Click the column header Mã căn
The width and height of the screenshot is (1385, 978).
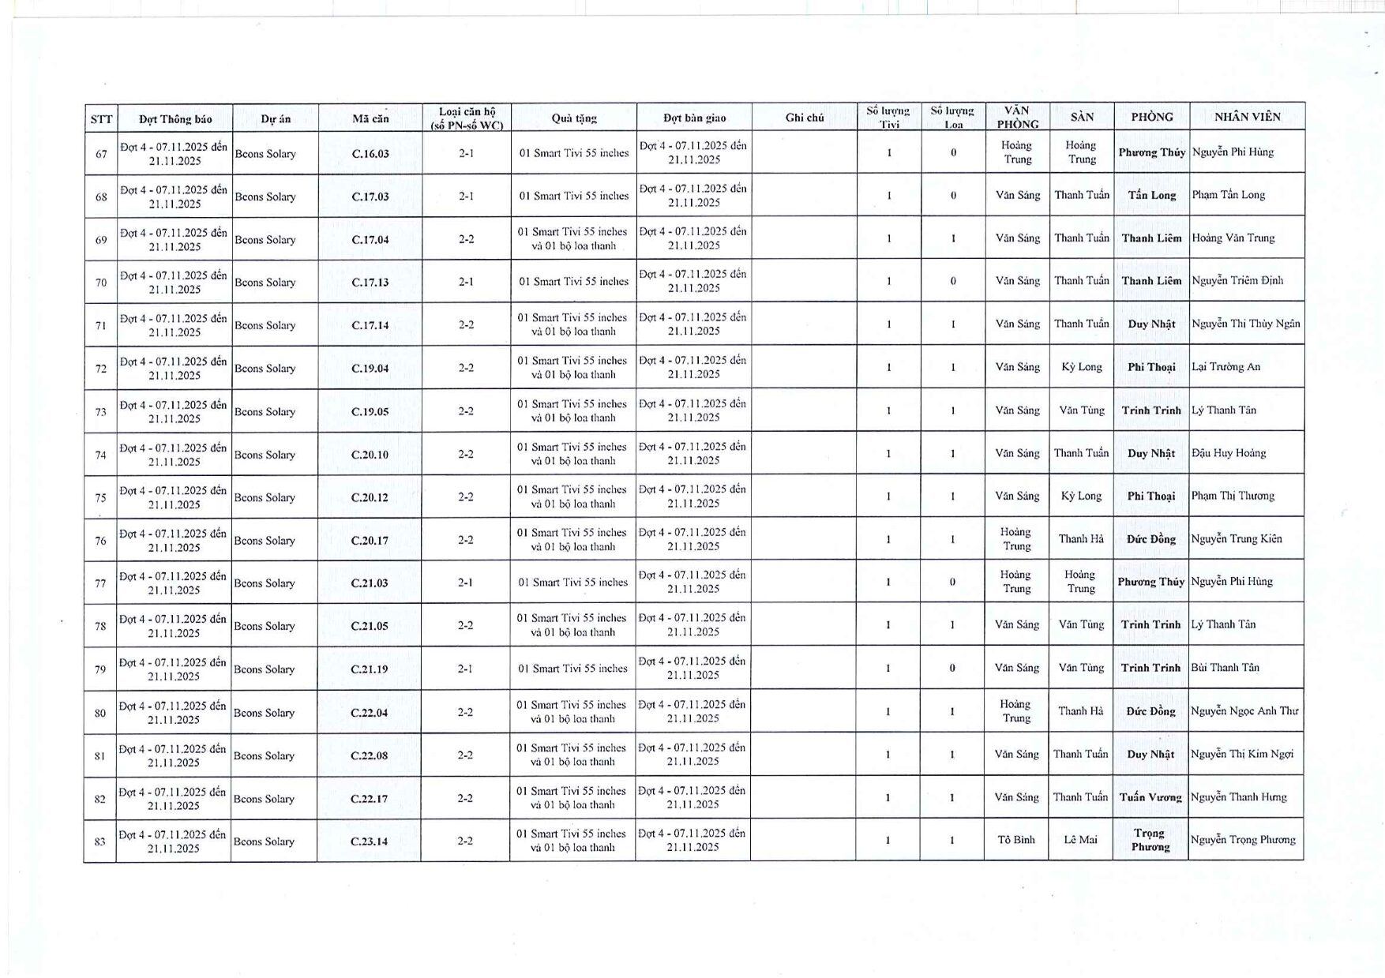click(x=370, y=118)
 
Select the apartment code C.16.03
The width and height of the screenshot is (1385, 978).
click(x=370, y=153)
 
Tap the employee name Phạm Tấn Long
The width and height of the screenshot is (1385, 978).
click(x=1228, y=195)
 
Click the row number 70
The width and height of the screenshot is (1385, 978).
click(x=101, y=282)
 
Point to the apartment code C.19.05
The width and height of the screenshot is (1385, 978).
click(x=370, y=411)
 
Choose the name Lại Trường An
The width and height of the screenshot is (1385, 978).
click(x=1225, y=366)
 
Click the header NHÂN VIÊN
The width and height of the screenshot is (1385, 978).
click(x=1248, y=117)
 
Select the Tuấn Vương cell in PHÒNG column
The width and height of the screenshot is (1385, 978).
click(x=1150, y=797)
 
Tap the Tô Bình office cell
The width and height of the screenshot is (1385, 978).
click(x=1015, y=840)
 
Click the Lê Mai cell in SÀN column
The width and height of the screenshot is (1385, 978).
click(x=1080, y=840)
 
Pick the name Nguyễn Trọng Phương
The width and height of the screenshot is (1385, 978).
click(x=1243, y=840)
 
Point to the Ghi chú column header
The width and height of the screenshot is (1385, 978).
click(x=805, y=118)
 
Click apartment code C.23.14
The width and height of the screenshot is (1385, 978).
click(x=369, y=841)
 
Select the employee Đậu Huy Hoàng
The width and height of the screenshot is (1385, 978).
click(x=1229, y=453)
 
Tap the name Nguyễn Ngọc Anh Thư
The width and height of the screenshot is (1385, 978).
click(x=1244, y=711)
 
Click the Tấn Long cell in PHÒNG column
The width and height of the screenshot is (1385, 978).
click(x=1152, y=195)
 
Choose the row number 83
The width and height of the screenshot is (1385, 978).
click(x=100, y=841)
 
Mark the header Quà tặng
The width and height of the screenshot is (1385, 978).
click(x=574, y=118)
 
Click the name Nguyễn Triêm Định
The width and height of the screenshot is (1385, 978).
click(x=1237, y=280)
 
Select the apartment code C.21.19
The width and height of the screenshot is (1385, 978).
click(x=370, y=669)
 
